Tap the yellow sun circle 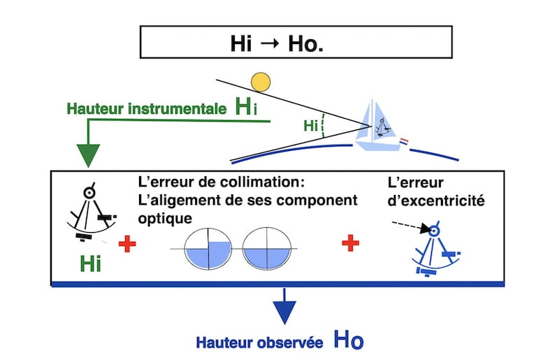[x=261, y=82]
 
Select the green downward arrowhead [x=89, y=154]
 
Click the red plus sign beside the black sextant [x=126, y=244]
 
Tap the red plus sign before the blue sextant [x=351, y=243]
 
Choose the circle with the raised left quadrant [x=208, y=249]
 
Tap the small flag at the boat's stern [x=402, y=142]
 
